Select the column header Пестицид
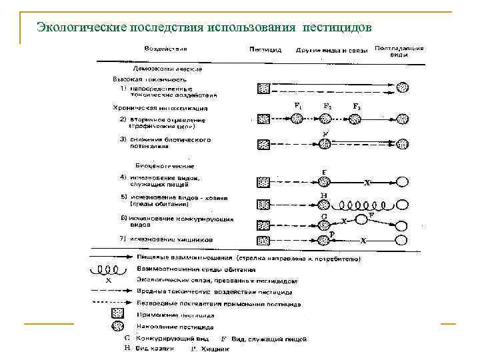coord(265,49)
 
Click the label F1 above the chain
coord(297,106)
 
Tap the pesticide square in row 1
coord(264,87)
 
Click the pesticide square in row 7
coord(264,240)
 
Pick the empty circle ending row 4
coord(402,181)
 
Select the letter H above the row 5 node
coord(324,195)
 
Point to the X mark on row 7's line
coord(364,239)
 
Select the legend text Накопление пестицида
coord(175,327)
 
